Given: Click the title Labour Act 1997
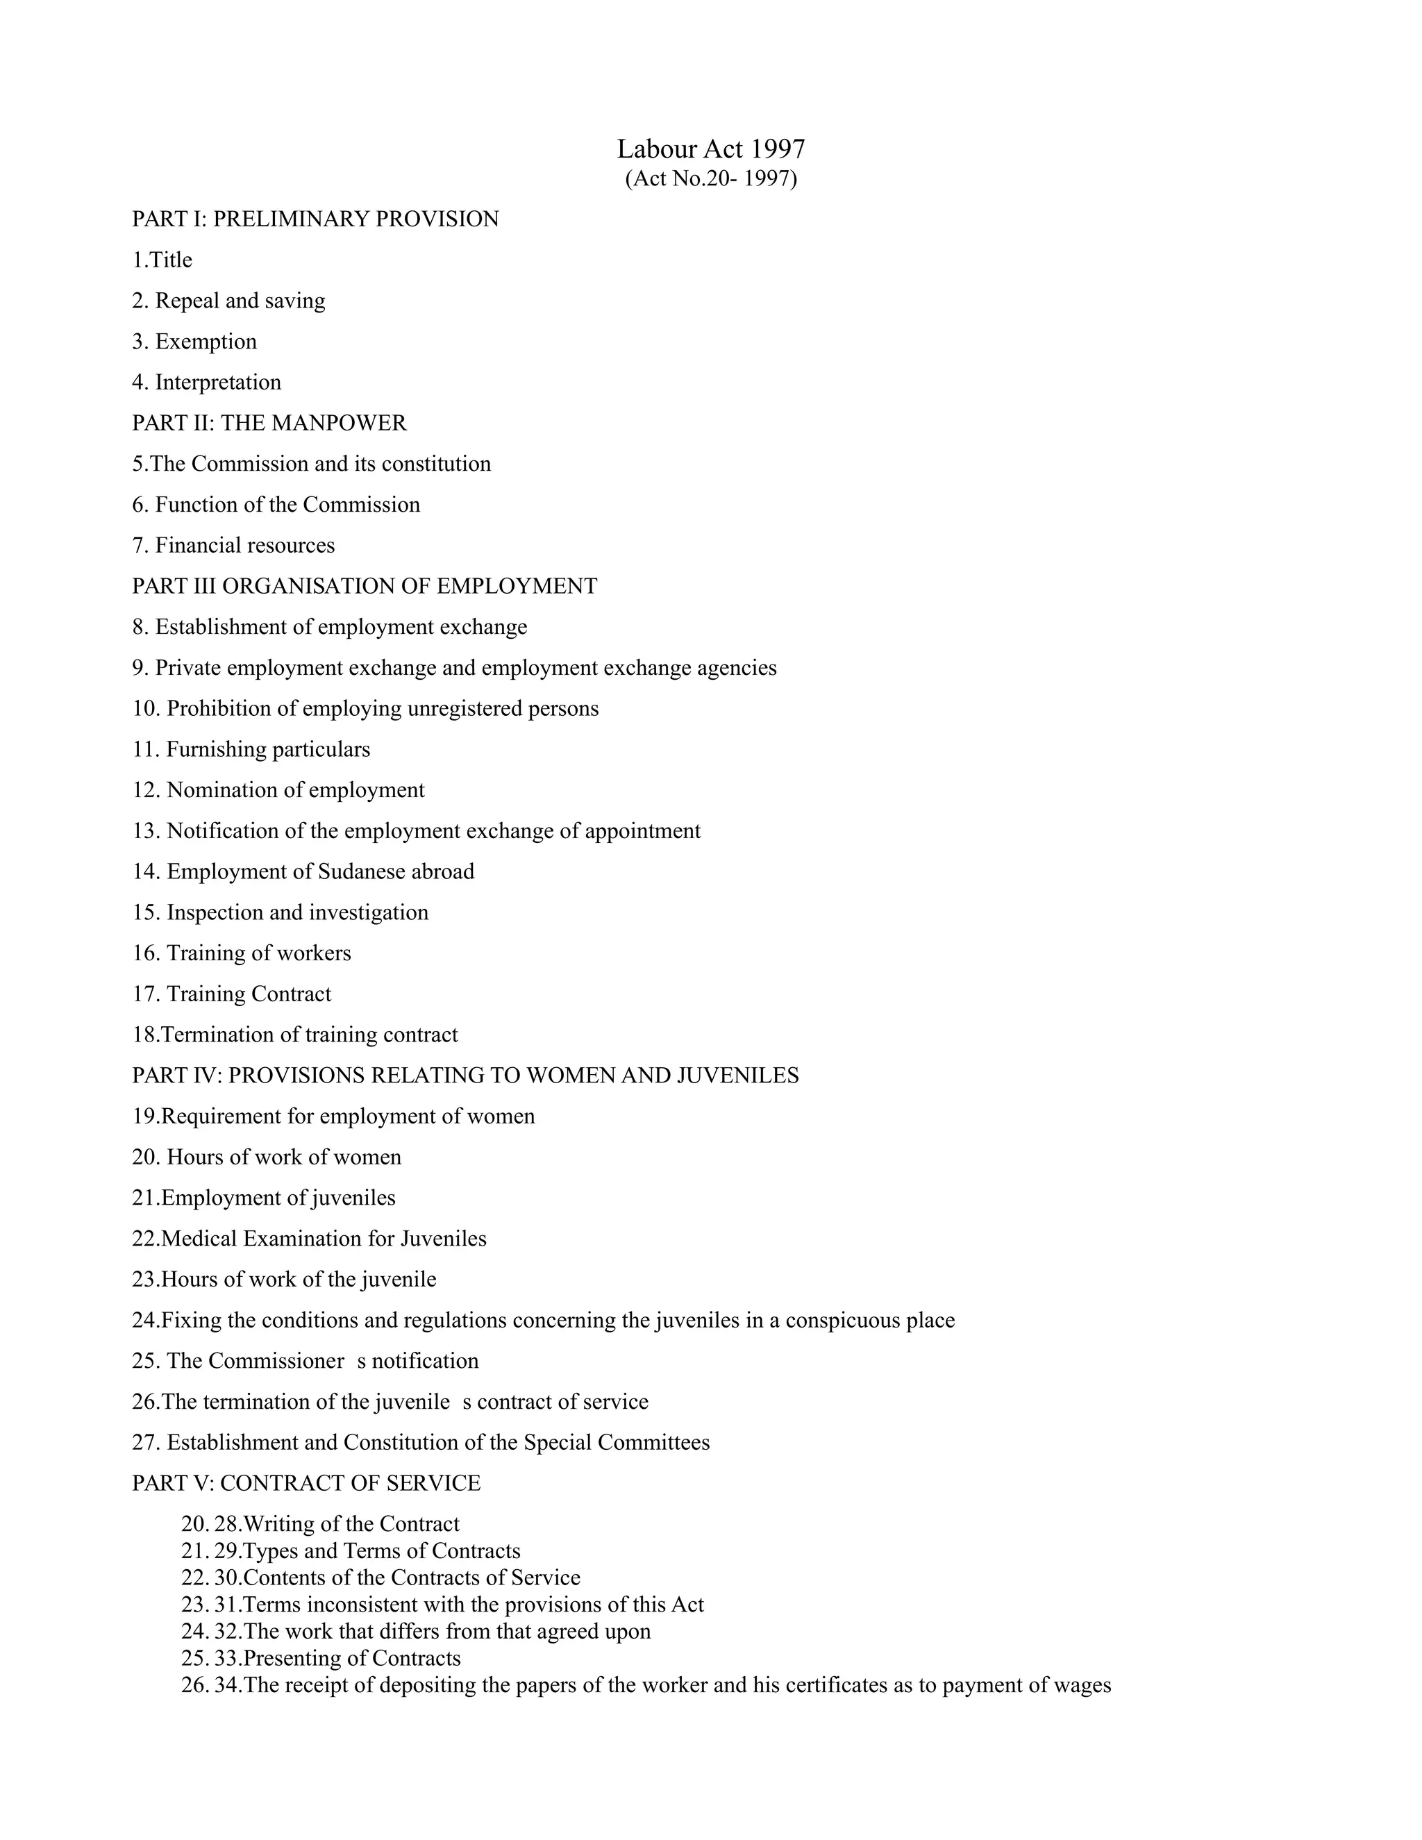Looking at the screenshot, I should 711,149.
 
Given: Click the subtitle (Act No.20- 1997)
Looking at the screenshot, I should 711,178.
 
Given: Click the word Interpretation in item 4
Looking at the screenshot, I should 218,383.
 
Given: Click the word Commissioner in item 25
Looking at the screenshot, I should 276,1361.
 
